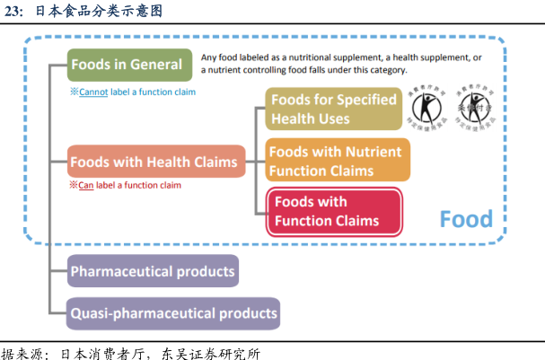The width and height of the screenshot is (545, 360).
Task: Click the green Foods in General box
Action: pos(129,65)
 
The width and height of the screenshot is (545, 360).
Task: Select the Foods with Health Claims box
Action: pos(156,162)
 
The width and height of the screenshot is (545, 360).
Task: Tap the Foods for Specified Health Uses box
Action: pos(333,110)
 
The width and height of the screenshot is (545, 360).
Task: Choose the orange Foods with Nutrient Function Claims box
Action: pos(337,161)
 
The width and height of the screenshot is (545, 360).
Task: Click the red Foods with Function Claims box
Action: pos(335,211)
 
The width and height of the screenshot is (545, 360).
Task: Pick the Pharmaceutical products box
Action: pos(153,271)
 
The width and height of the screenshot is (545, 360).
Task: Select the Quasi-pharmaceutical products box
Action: pos(173,313)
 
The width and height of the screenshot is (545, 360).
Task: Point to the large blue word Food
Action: pos(466,219)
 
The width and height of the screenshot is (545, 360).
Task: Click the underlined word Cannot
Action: pos(93,92)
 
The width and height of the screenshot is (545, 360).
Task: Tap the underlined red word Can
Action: pos(86,185)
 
